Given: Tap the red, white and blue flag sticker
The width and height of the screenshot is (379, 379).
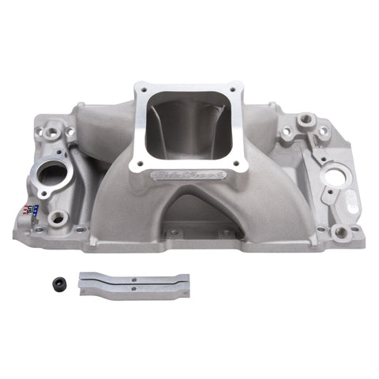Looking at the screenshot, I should coord(33,209).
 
